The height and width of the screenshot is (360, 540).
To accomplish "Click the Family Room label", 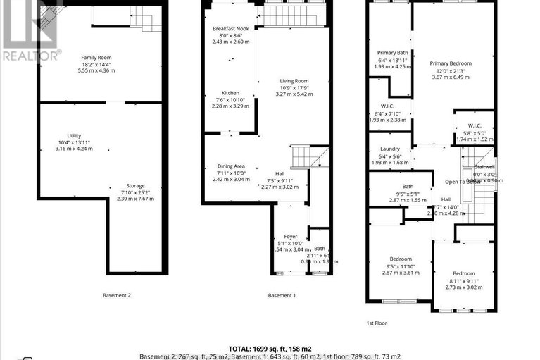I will pos(96,57).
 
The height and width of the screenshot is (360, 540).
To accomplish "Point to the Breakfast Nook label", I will pos(230,29).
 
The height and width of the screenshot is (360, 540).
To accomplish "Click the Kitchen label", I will pos(231,93).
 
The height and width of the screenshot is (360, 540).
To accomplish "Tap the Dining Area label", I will pos(231,166).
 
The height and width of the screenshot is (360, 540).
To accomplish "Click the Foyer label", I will pos(291,236).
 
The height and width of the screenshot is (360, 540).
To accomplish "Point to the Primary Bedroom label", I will pos(451,63).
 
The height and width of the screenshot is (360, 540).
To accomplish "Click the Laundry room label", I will pos(390,149).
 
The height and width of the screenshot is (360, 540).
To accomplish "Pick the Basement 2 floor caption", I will pos(117,295).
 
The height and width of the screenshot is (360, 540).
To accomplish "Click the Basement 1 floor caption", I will pos(282,295).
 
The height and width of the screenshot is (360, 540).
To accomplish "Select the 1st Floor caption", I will pos(376,323).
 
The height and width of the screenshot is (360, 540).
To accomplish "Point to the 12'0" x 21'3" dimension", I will pos(451,70).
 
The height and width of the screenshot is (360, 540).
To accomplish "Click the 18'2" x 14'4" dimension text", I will pos(96,64).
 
